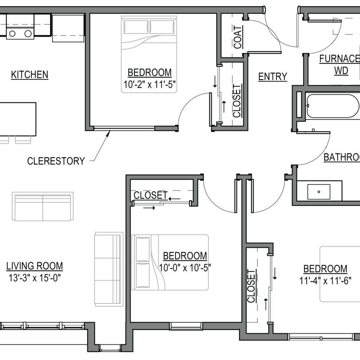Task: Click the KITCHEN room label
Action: tap(29, 75)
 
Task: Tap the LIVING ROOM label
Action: tap(35, 266)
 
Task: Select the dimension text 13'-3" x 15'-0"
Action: tap(35, 278)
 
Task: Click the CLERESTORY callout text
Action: tap(56, 161)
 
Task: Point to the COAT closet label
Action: tap(238, 37)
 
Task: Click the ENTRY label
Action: tap(273, 76)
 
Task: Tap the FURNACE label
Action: tap(339, 59)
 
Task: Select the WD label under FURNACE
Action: tap(341, 71)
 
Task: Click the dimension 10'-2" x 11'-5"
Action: tap(149, 86)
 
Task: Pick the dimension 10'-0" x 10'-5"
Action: tap(185, 268)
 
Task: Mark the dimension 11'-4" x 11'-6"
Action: tap(325, 281)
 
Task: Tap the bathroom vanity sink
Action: tap(319, 192)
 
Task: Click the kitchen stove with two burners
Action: tap(20, 33)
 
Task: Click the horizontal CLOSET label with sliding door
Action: tap(150, 195)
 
